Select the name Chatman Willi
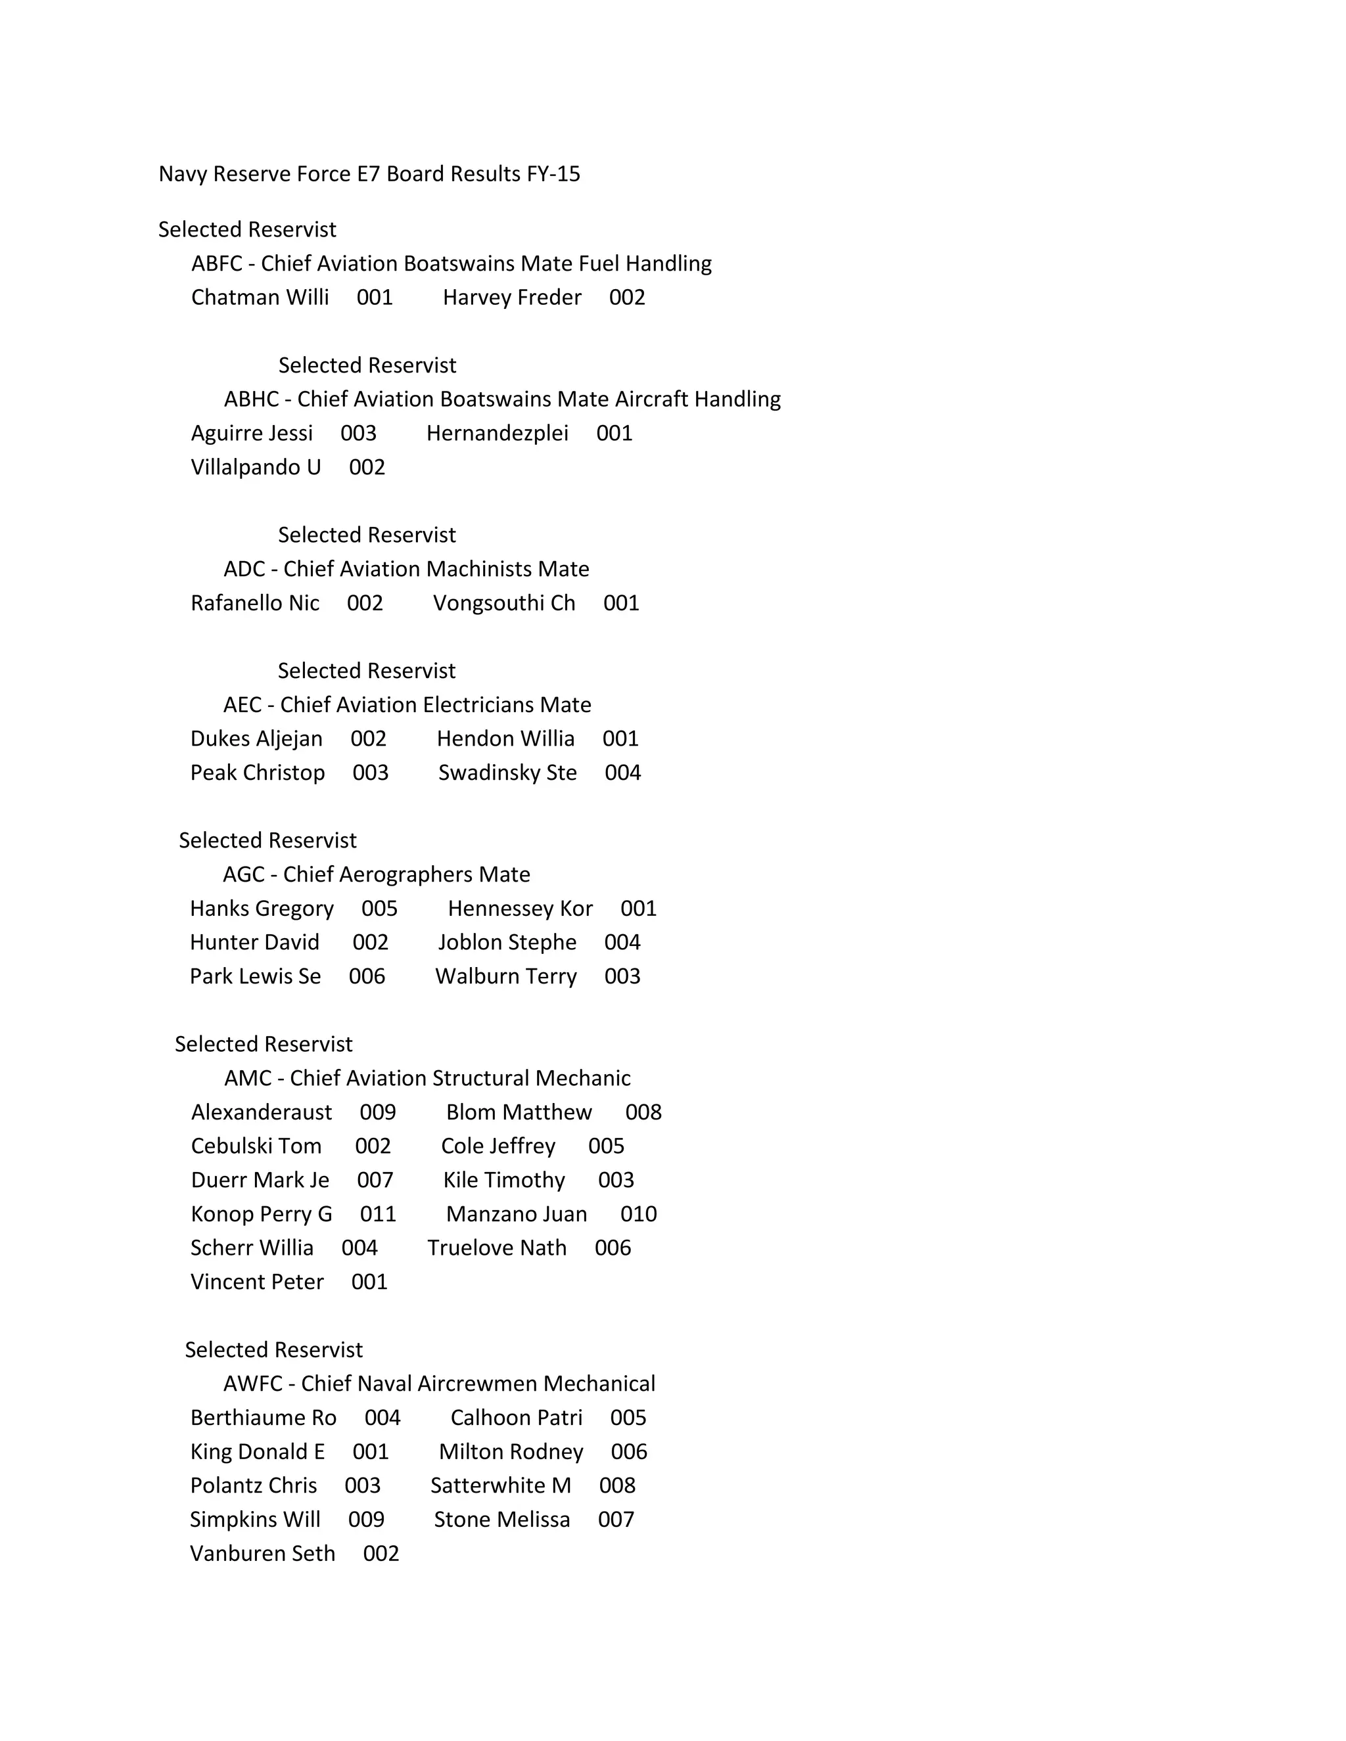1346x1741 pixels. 260,298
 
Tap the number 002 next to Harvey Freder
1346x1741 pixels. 627,298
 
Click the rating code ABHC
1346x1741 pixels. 251,399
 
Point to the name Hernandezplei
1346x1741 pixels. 497,433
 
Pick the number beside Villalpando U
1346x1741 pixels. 367,467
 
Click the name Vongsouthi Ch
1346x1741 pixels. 504,602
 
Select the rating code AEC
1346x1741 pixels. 243,705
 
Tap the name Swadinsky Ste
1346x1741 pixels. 507,773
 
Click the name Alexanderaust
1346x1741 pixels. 262,1112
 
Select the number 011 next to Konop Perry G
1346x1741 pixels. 377,1214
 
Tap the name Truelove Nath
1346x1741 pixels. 497,1248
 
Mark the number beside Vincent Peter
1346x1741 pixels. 369,1282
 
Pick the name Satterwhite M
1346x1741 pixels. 501,1485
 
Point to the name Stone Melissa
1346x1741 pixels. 501,1520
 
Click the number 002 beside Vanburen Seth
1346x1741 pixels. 381,1554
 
